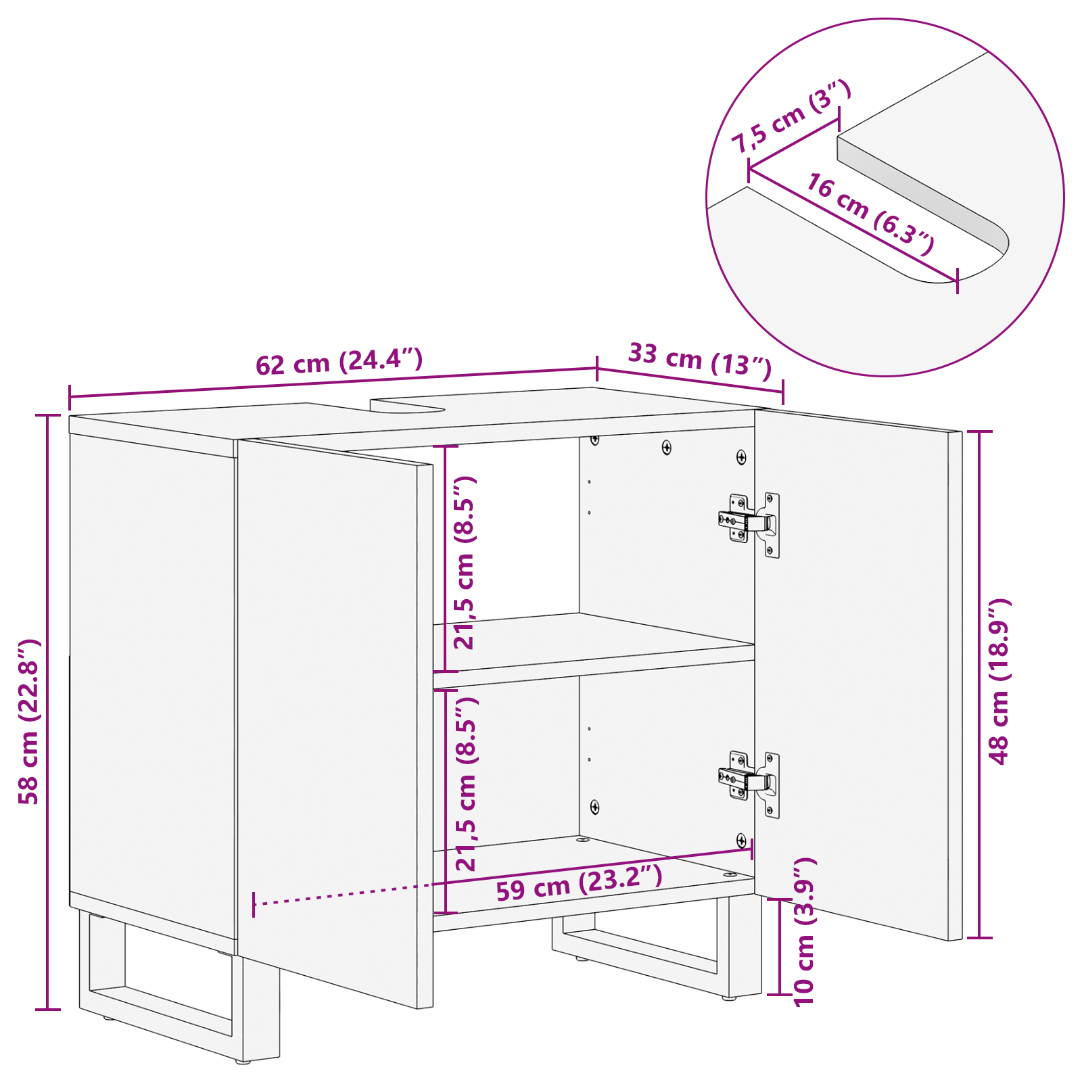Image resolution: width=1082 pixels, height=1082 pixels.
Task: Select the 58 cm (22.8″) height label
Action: click(29, 721)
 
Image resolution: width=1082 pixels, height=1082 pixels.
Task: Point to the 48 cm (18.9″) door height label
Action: click(999, 682)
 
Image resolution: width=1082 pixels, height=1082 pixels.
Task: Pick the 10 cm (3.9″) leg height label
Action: click(805, 932)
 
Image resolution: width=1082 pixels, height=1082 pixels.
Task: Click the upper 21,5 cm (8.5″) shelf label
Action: click(465, 563)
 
